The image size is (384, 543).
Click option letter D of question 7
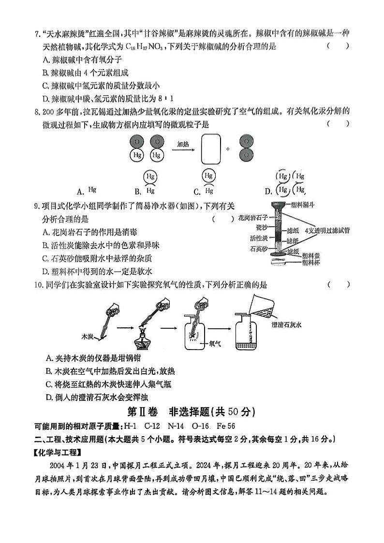click(46, 99)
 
